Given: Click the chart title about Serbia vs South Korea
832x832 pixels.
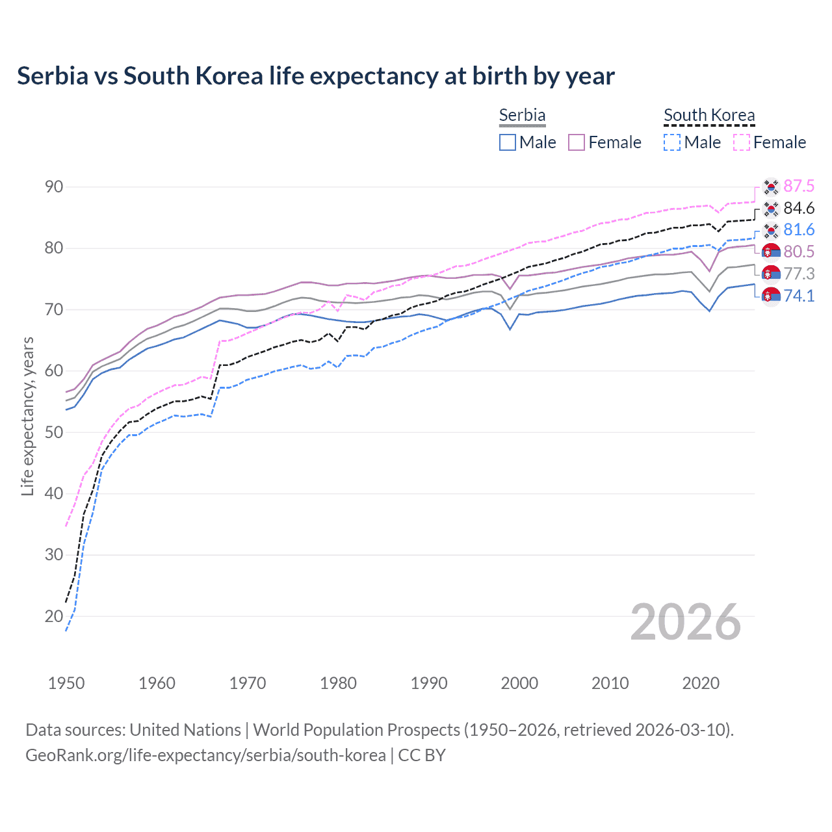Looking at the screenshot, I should (316, 76).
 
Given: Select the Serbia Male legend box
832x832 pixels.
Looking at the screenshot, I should (508, 142).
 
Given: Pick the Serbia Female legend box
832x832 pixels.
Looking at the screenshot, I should (577, 142).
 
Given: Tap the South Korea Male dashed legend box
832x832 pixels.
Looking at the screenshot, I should (672, 142).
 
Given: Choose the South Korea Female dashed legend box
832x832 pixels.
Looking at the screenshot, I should (741, 142).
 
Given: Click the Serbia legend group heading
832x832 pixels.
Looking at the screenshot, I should (522, 115).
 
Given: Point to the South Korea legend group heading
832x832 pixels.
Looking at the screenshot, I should (709, 115).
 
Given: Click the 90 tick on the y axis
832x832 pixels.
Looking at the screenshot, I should (54, 187).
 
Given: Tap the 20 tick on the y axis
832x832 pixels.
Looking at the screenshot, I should (54, 616).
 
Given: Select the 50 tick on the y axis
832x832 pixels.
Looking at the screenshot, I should (54, 432).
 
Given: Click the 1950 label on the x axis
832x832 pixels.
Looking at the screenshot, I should (66, 683).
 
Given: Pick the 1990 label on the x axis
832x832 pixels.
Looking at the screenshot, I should (429, 683).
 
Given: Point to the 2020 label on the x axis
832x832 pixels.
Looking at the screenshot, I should (701, 683).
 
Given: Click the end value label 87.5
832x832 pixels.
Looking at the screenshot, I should (799, 187).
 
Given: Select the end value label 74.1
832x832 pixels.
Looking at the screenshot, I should (799, 296).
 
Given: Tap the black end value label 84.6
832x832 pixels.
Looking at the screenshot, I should (799, 209).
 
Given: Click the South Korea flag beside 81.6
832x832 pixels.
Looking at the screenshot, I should (771, 231).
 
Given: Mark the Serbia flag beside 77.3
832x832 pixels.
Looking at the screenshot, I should (771, 274).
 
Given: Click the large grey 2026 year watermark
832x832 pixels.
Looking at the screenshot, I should (686, 622).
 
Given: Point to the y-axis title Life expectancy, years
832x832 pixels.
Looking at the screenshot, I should (28, 416).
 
